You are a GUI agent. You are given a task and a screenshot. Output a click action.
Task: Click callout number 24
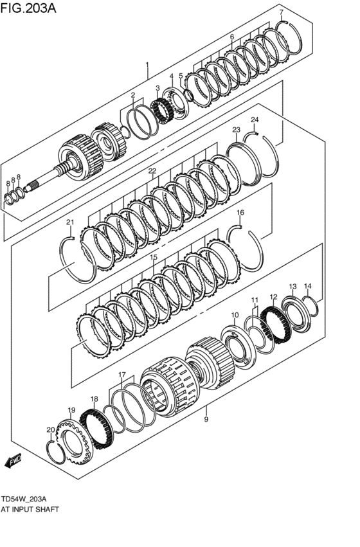255,120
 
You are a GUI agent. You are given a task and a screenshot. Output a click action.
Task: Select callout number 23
236,130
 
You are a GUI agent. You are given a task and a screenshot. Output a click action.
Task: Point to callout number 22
152,171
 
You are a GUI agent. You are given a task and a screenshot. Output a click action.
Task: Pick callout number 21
70,222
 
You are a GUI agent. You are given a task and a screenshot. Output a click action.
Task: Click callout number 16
240,212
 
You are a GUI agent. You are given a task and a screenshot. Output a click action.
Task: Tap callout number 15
154,257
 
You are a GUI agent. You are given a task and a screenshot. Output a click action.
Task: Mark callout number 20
50,429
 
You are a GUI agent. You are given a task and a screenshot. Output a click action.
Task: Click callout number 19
71,409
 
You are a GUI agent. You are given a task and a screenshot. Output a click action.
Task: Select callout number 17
122,375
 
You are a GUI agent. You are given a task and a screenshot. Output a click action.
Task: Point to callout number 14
307,286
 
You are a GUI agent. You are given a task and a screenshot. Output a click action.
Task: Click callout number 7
281,12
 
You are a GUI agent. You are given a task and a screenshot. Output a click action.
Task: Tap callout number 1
147,65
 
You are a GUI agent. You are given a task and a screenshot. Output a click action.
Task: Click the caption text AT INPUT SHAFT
30,508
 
